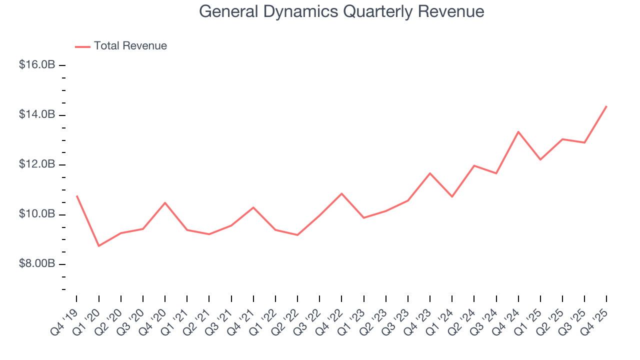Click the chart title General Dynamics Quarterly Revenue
(x=341, y=11)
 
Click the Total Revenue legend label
(x=130, y=46)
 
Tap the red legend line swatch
(x=82, y=46)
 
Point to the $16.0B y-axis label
(x=37, y=65)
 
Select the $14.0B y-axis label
(x=37, y=114)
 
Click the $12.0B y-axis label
(x=37, y=164)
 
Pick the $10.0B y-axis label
(x=37, y=214)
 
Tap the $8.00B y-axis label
(x=37, y=263)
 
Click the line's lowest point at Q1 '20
(x=98, y=246)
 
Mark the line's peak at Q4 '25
(x=606, y=106)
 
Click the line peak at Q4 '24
(x=518, y=131)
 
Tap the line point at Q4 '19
(x=76, y=196)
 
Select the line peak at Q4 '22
(x=341, y=193)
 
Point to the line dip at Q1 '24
(x=452, y=196)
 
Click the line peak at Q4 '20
(x=165, y=202)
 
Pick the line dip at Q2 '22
(x=297, y=235)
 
